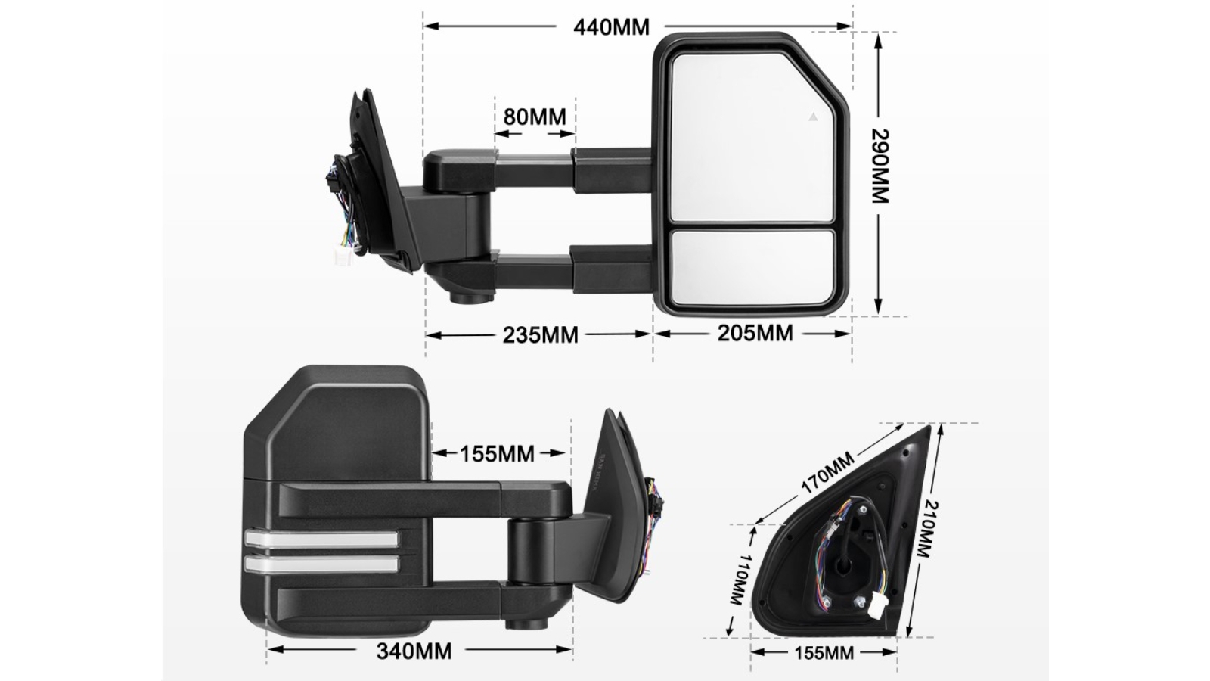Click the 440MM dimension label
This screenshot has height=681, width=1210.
click(x=611, y=27)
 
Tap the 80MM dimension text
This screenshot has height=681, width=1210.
click(x=535, y=117)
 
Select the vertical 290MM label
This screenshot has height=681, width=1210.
click(x=879, y=166)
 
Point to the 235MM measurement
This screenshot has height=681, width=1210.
click(x=540, y=334)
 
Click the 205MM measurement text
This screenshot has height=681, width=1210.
click(x=755, y=333)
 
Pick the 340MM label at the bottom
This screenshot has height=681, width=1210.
click(x=414, y=651)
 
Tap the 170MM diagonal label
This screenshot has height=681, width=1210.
click(x=827, y=472)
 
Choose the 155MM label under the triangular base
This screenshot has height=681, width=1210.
click(x=824, y=652)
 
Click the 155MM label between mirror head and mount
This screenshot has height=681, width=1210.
click(x=498, y=454)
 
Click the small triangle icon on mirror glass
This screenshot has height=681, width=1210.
click(x=813, y=117)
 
